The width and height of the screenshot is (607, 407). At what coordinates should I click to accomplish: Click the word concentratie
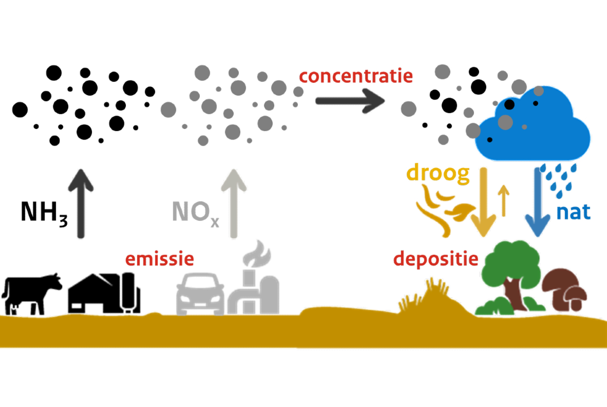[356, 76]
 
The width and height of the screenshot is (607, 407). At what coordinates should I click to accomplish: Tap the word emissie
[159, 260]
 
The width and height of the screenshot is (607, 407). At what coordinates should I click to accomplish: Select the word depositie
[436, 260]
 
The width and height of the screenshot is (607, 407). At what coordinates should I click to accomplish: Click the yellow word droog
[438, 175]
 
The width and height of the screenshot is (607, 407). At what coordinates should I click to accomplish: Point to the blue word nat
[573, 213]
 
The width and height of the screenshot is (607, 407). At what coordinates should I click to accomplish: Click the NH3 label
[44, 213]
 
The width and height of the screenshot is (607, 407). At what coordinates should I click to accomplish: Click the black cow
[31, 293]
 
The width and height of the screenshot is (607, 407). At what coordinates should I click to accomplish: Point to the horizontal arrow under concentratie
[350, 100]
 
